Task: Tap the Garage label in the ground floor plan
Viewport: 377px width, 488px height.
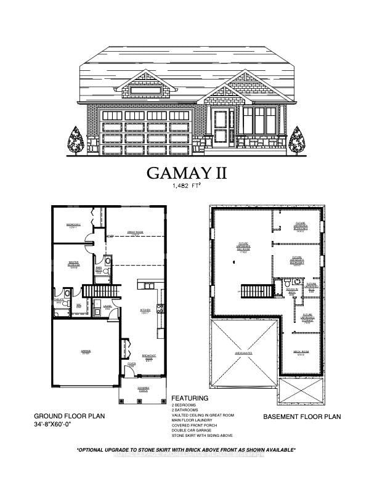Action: [86, 352]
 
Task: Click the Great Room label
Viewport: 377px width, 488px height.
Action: [135, 233]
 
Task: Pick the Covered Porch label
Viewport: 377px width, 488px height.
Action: [143, 389]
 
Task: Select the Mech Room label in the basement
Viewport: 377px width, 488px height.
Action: [301, 354]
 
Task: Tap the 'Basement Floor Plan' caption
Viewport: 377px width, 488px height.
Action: [302, 417]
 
